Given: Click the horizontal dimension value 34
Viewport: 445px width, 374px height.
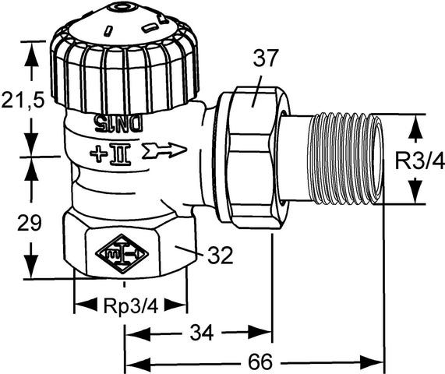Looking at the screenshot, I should [201, 334].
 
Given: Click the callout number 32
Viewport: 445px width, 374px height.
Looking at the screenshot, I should [221, 255].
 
